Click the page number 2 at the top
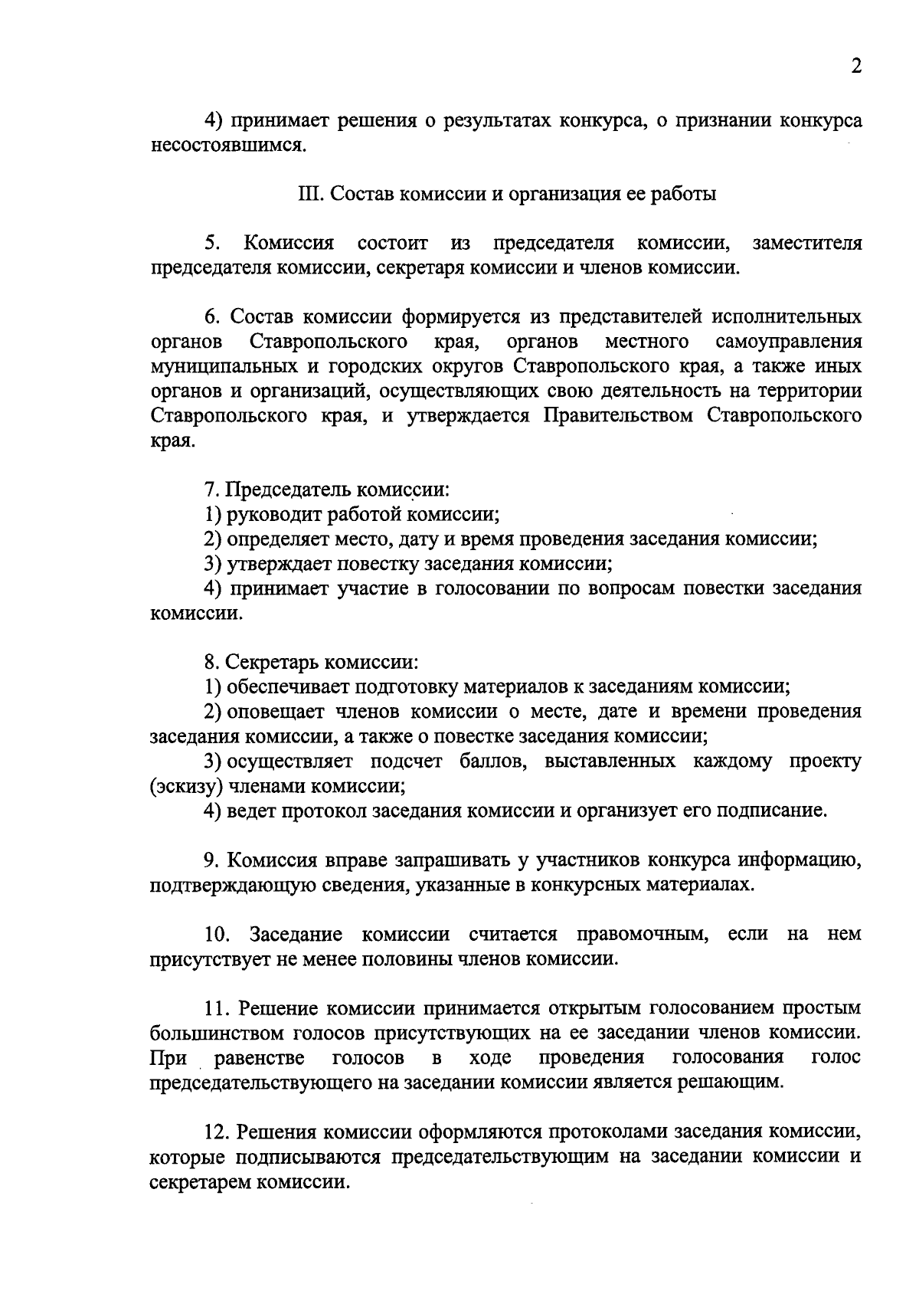855,67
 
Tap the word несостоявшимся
227,146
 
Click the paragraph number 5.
212,244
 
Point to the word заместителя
806,244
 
